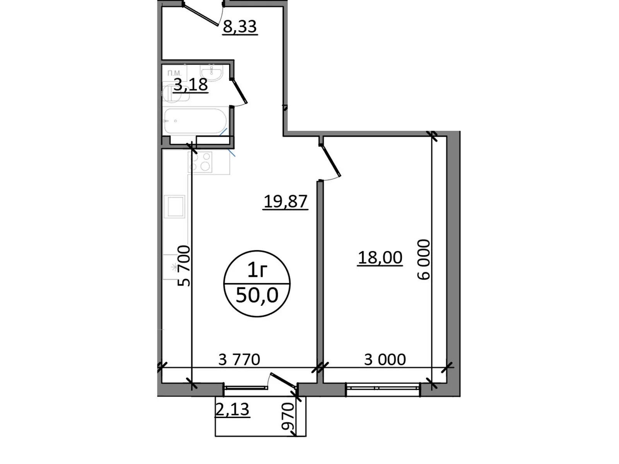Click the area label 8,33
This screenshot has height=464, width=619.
(x=240, y=27)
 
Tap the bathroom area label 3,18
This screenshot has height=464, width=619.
(x=190, y=84)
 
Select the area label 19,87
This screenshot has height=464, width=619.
(x=286, y=201)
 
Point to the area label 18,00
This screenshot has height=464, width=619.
(x=380, y=258)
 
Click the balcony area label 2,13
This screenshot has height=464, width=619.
(x=232, y=409)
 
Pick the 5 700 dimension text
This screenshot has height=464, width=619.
(x=185, y=266)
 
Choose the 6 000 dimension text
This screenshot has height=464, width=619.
(x=424, y=259)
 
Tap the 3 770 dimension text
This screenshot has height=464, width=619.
(x=239, y=360)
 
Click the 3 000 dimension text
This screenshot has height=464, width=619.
(x=385, y=360)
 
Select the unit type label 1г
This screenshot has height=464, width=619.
(x=257, y=270)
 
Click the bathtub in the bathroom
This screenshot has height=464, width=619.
(x=195, y=121)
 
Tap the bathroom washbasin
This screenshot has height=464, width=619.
(x=211, y=72)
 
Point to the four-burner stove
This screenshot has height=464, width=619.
(x=200, y=162)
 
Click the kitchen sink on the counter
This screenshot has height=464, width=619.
(x=174, y=206)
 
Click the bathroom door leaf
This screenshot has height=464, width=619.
(x=240, y=92)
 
